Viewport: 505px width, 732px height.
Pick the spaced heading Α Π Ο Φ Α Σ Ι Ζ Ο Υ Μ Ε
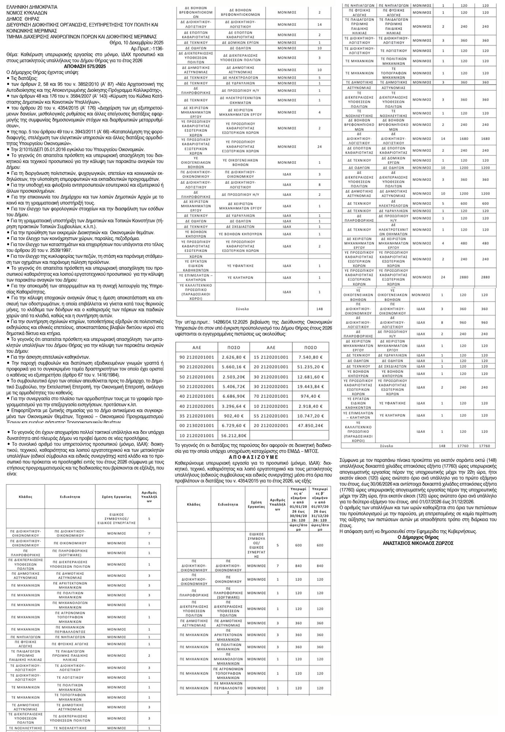click(x=253, y=457)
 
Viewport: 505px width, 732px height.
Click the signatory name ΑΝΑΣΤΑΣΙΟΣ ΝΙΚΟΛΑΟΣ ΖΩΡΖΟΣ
click(x=418, y=543)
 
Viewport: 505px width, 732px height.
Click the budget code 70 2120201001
click(x=271, y=396)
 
